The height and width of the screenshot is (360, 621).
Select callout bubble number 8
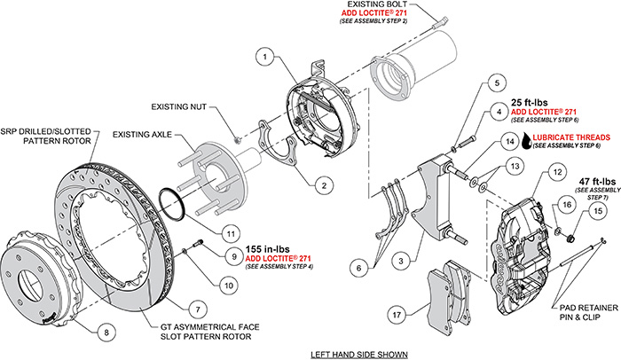pyautogui.click(x=106, y=333)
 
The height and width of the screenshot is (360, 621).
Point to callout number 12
pyautogui.click(x=530, y=173)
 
